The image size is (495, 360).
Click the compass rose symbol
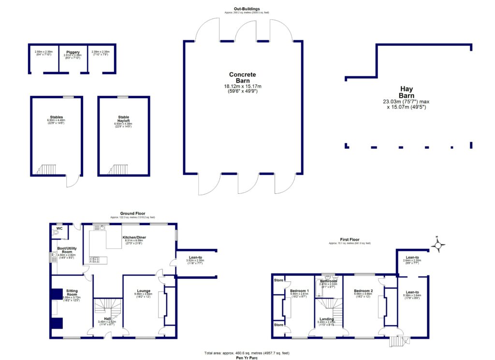tap(438, 246)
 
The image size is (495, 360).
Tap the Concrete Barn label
tap(243, 78)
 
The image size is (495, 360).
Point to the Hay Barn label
tap(406, 92)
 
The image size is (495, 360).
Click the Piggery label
tap(73, 52)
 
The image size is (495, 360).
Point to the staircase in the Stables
tap(47, 169)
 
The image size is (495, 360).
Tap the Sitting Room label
tap(72, 293)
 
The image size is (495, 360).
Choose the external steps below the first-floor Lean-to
tap(396, 342)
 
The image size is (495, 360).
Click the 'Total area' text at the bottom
tap(247, 353)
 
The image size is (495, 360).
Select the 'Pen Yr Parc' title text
tap(247, 358)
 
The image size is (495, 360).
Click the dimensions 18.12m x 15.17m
tap(243, 86)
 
